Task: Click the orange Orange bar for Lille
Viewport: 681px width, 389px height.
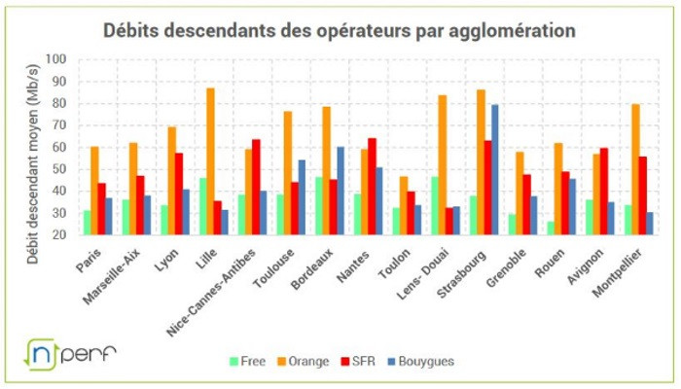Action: click(x=210, y=161)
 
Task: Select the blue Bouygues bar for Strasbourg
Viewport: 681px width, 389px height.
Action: click(x=495, y=170)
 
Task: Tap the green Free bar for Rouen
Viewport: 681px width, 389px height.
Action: click(x=551, y=228)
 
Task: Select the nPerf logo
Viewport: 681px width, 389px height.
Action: click(x=70, y=353)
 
